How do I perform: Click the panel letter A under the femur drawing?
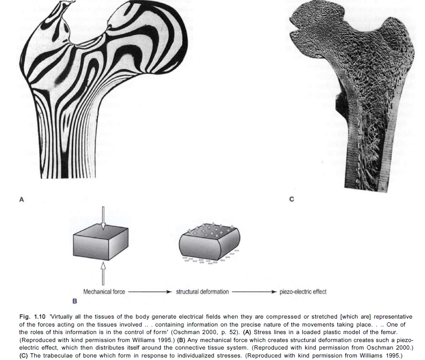point(22,200)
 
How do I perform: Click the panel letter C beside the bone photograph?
point(292,199)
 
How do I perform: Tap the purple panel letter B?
point(75,301)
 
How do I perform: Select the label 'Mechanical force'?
point(104,292)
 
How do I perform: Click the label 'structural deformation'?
point(202,292)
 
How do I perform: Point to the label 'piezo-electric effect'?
point(303,292)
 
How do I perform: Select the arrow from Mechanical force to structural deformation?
point(150,292)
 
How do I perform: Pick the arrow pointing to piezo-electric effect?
point(254,292)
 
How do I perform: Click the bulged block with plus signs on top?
point(209,241)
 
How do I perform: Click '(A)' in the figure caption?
point(247,332)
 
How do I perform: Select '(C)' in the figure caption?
point(23,355)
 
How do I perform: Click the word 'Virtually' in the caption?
point(62,316)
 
